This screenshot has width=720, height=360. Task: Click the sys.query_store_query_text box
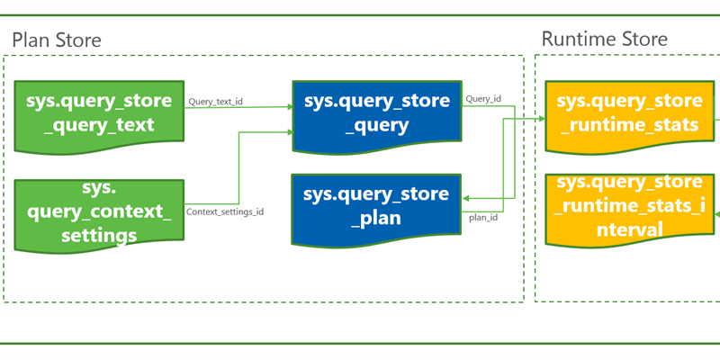(99, 112)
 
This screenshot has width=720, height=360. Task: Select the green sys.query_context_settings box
(99, 214)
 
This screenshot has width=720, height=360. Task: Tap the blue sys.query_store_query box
(376, 112)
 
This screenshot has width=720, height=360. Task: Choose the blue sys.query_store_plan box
(376, 209)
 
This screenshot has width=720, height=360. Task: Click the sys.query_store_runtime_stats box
(630, 112)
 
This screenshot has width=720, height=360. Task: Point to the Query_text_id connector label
(215, 102)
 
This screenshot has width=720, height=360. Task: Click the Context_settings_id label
(224, 212)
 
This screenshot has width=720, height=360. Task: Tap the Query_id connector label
(483, 99)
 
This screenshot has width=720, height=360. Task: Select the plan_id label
(483, 216)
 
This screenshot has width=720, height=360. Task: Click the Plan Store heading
(56, 40)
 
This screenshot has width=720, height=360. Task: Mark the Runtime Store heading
(604, 39)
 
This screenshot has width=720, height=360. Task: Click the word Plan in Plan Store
(30, 40)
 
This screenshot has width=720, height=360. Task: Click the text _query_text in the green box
(99, 125)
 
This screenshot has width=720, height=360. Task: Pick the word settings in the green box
(99, 235)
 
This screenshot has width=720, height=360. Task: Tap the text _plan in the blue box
(376, 219)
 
